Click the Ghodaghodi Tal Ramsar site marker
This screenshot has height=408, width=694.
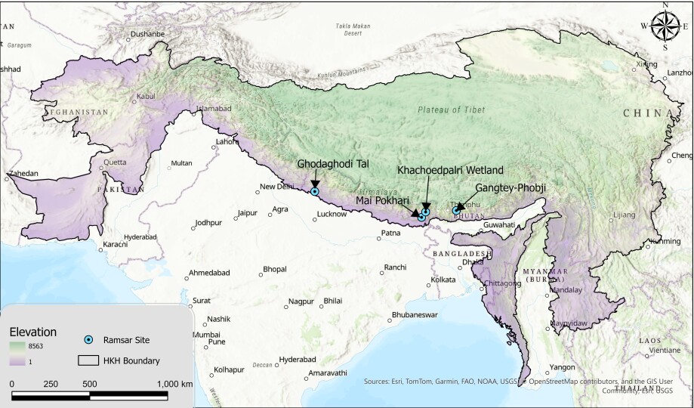315,191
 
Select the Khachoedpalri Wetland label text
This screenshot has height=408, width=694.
449,171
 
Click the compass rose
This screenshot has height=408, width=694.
665,25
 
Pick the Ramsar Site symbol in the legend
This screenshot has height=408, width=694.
89,341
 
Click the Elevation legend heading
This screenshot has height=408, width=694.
32,332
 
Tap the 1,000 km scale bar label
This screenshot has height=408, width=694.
176,384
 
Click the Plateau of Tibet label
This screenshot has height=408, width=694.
451,110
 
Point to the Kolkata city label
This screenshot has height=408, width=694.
443,280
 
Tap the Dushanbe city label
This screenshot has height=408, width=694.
147,34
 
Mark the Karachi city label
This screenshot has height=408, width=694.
116,245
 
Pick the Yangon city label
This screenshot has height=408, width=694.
562,367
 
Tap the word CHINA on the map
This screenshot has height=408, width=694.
648,113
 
